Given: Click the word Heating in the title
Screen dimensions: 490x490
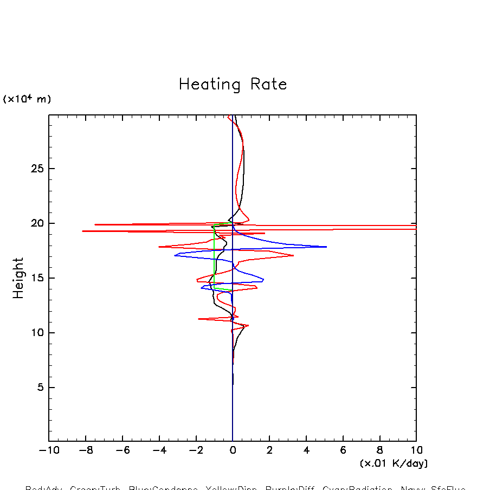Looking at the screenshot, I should tap(210, 85).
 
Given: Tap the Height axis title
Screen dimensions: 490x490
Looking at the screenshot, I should tap(18, 278).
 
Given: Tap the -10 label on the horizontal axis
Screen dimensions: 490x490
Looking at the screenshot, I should tap(49, 450).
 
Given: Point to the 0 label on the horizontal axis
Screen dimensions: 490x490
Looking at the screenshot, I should tap(233, 450).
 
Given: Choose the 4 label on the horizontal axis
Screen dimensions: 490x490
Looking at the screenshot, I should tap(306, 450).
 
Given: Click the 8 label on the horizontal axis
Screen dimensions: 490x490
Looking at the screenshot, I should tap(379, 450).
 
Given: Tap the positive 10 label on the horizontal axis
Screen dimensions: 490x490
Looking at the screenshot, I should tap(416, 450).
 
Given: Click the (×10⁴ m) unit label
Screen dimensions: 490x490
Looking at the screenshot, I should tap(27, 99).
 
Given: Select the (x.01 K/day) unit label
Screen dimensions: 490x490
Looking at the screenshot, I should tap(394, 463).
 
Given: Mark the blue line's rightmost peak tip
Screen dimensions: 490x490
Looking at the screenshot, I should tap(326, 247).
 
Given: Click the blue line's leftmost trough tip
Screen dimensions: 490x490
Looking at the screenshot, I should tap(175, 255).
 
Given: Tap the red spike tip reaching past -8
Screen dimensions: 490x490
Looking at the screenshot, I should tap(82, 231).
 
